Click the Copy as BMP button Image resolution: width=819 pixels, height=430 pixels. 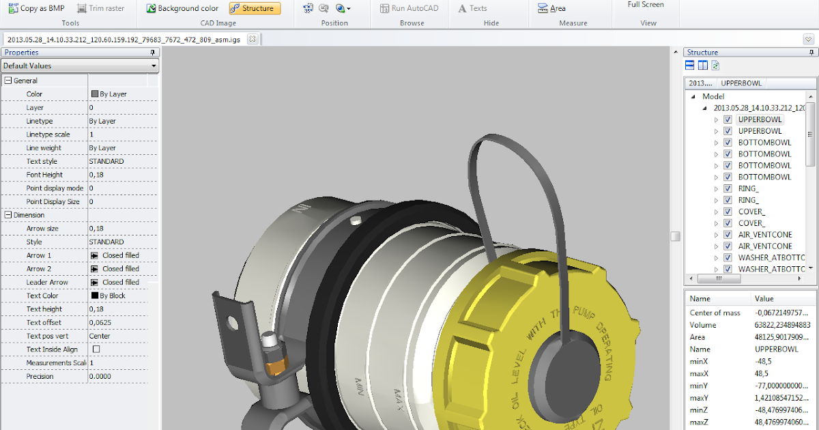pyautogui.click(x=38, y=8)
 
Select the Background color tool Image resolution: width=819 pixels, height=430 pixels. pyautogui.click(x=183, y=8)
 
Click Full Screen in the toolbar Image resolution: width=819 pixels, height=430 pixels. pyautogui.click(x=645, y=5)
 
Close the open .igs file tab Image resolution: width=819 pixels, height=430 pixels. pyautogui.click(x=253, y=39)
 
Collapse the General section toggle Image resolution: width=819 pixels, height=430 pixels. pyautogui.click(x=8, y=81)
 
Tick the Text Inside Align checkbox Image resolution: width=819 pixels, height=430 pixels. pyautogui.click(x=96, y=349)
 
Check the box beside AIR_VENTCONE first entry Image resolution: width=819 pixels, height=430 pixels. pyautogui.click(x=728, y=235)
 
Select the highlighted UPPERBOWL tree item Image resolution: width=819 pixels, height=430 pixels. pyautogui.click(x=760, y=119)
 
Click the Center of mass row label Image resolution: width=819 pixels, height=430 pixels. pyautogui.click(x=715, y=313)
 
